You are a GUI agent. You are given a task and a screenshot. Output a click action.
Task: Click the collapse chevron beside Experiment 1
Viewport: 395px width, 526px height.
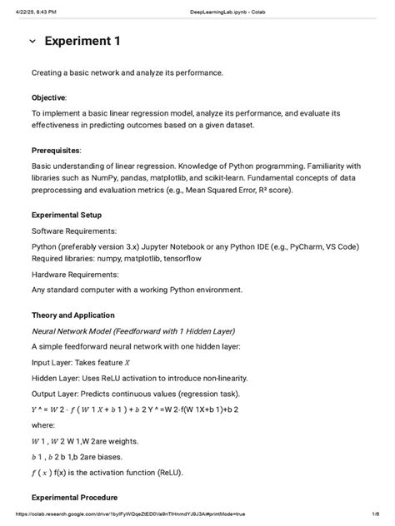(32, 42)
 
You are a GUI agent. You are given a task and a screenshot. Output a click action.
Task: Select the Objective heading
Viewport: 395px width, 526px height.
(49, 97)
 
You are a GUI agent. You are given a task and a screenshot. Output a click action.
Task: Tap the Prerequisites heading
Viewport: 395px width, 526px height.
(57, 151)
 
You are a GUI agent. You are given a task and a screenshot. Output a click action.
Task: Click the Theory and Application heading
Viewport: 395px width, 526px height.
(73, 315)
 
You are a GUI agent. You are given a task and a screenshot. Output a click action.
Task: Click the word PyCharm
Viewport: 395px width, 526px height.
(306, 246)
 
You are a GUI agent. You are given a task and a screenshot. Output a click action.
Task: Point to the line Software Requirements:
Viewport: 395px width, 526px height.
(74, 230)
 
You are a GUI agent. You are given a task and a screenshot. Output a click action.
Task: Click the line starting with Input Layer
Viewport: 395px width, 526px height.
(81, 362)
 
